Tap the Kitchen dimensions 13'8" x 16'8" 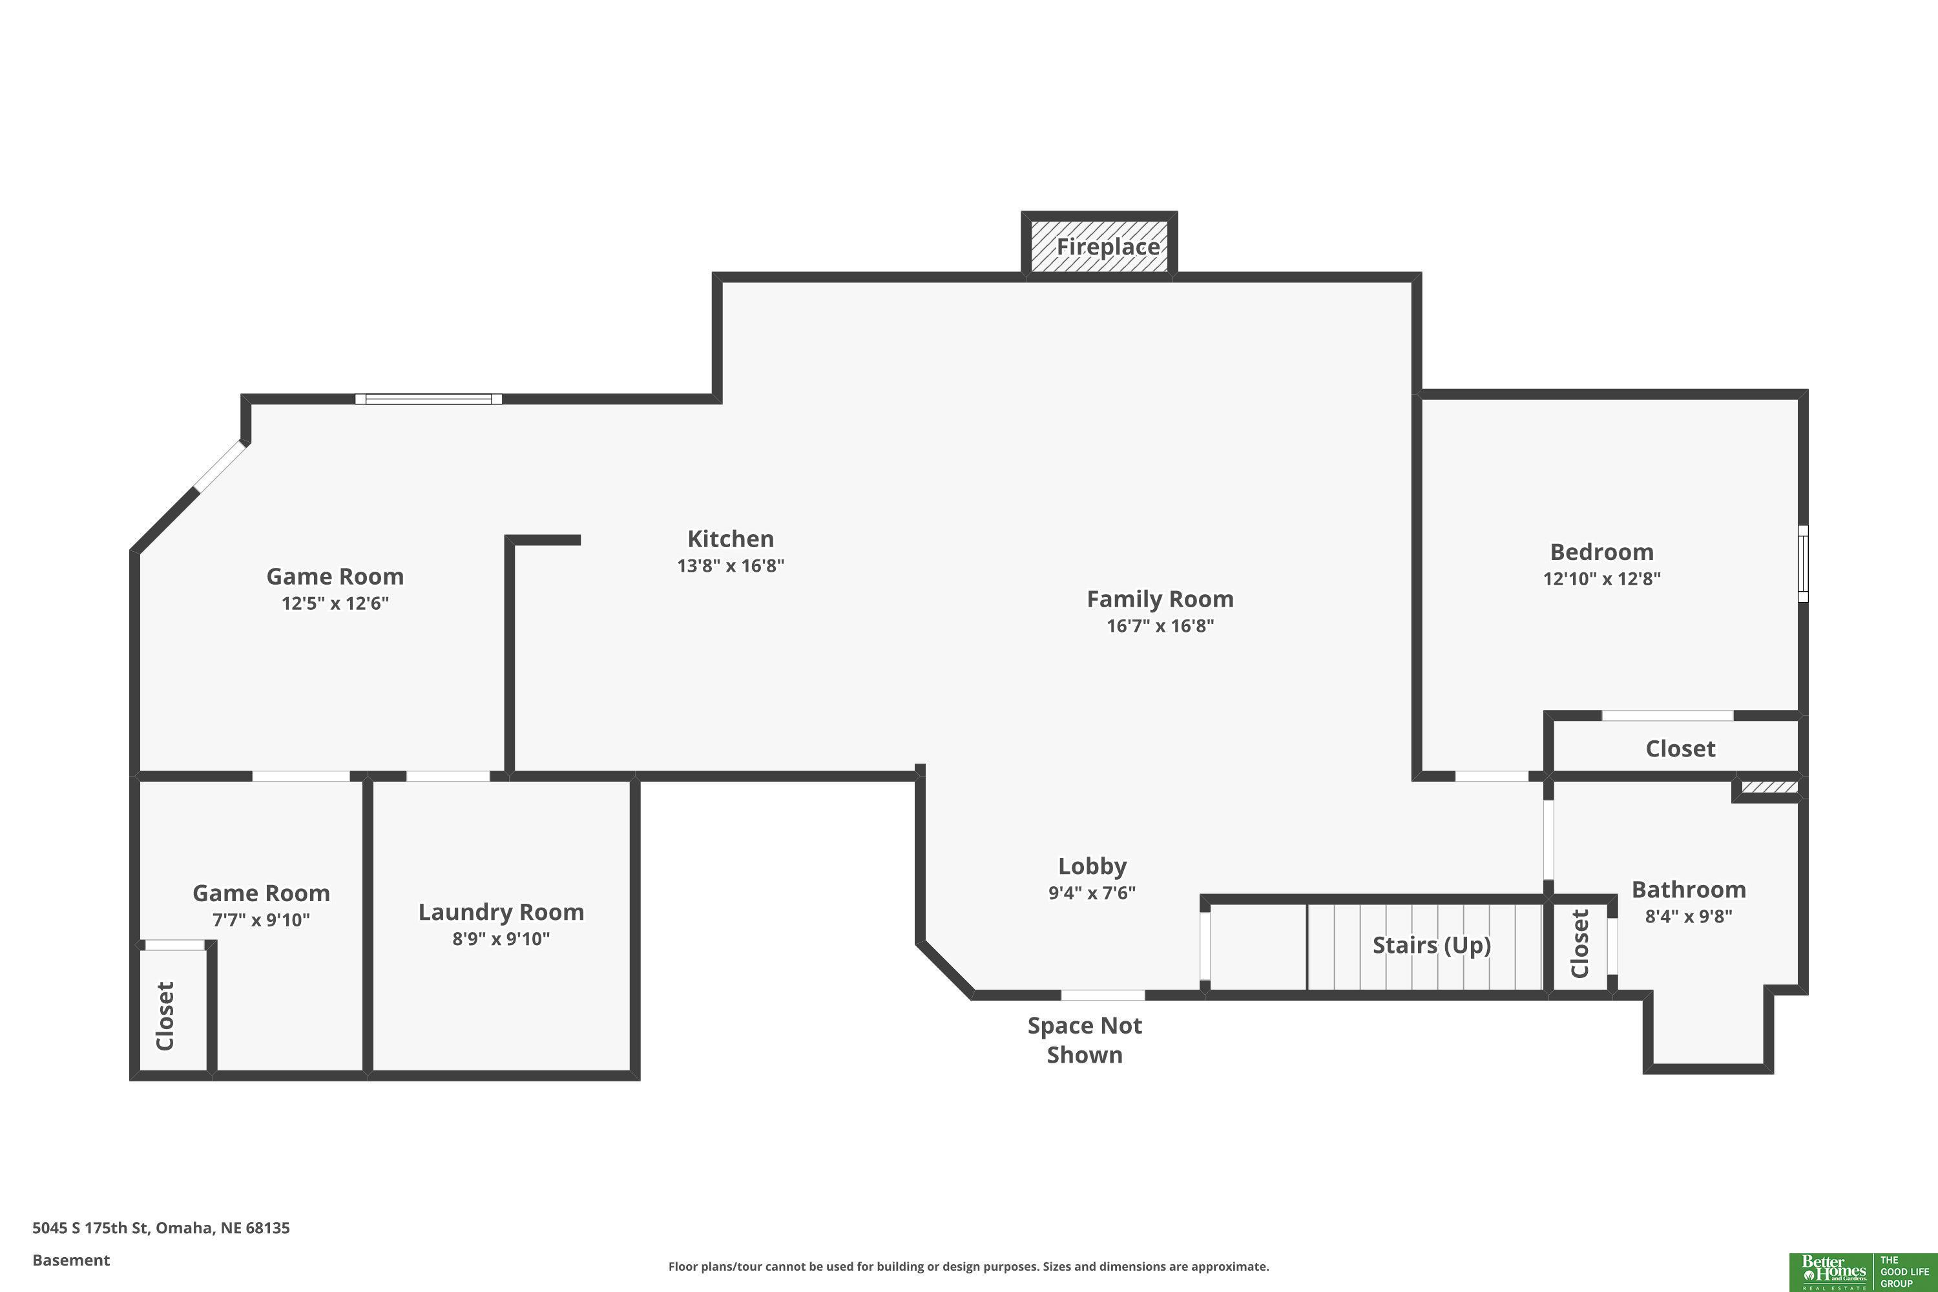(x=730, y=565)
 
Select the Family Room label (x=1160, y=599)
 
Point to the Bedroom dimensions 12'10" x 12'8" (x=1602, y=578)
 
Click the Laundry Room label (x=501, y=912)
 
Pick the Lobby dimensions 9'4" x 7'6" (x=1092, y=892)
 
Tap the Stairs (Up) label (x=1432, y=945)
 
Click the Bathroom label (x=1689, y=890)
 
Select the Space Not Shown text (x=1085, y=1040)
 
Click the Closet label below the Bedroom (x=1680, y=748)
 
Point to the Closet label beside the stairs (x=1579, y=943)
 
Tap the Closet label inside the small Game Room (x=165, y=1016)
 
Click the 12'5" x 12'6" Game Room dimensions (x=335, y=603)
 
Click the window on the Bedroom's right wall (x=1803, y=563)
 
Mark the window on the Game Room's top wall (x=428, y=399)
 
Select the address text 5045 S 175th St (x=90, y=1228)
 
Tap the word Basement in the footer (x=71, y=1260)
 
